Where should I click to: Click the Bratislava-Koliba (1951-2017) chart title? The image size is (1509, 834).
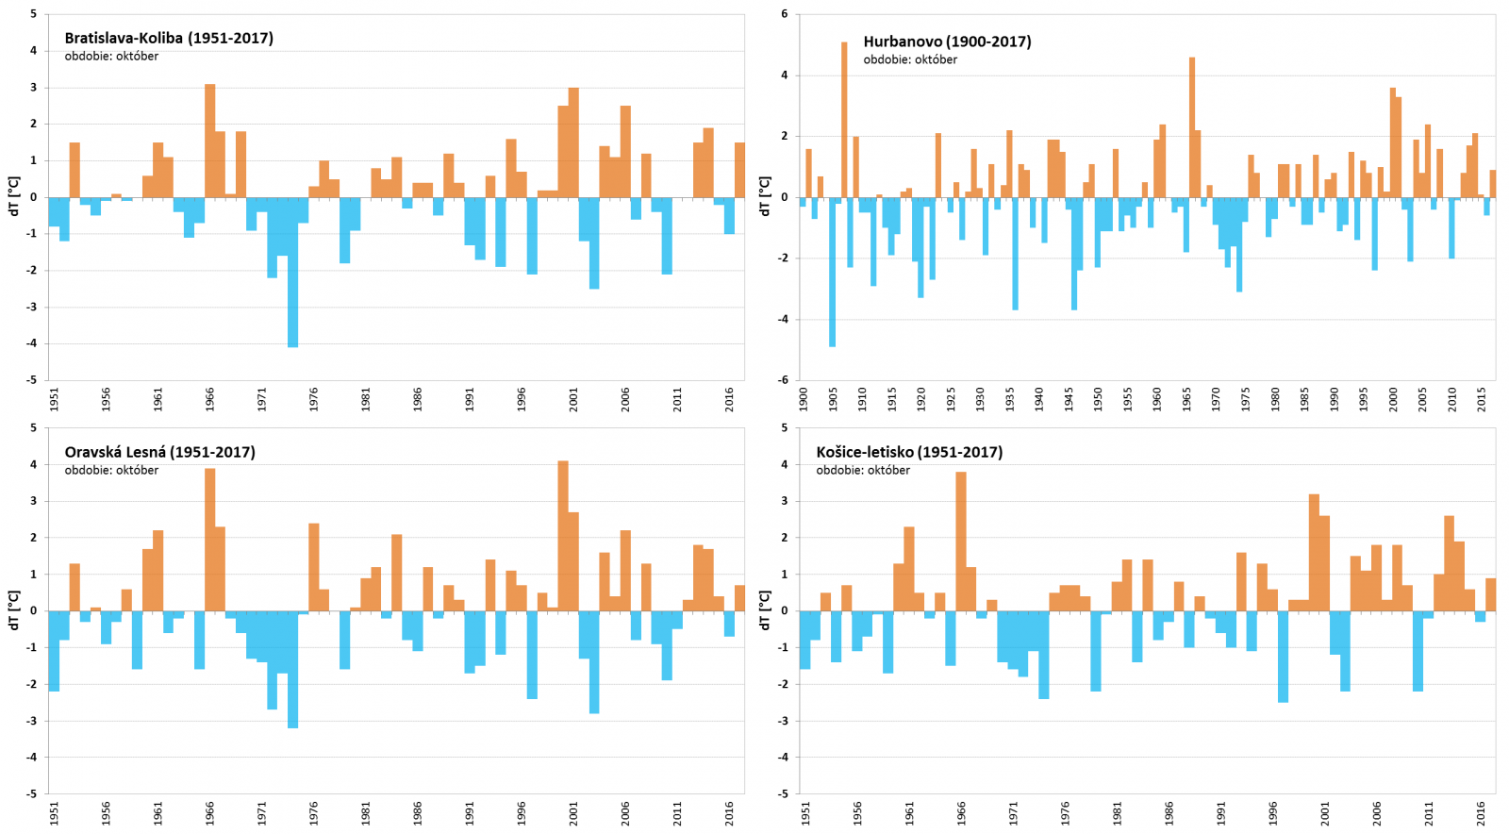pyautogui.click(x=169, y=39)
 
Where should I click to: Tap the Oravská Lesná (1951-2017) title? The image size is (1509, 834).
pyautogui.click(x=159, y=452)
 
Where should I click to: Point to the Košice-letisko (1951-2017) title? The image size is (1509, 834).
pyautogui.click(x=909, y=452)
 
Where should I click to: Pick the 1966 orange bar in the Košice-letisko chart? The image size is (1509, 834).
pyautogui.click(x=961, y=542)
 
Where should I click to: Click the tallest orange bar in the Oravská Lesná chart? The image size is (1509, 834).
pyautogui.click(x=563, y=536)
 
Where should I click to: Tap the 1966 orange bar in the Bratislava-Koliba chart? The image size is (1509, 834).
pyautogui.click(x=210, y=142)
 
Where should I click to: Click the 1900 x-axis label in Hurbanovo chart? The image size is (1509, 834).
pyautogui.click(x=804, y=398)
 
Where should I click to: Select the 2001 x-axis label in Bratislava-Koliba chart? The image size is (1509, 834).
pyautogui.click(x=573, y=399)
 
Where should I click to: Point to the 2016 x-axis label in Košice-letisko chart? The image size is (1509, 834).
pyautogui.click(x=1482, y=812)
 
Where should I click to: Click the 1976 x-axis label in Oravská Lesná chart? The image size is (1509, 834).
pyautogui.click(x=314, y=812)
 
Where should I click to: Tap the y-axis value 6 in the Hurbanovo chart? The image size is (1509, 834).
pyautogui.click(x=785, y=15)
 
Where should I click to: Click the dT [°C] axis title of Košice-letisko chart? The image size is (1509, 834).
pyautogui.click(x=765, y=610)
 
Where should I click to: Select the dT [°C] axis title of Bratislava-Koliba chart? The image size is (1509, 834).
pyautogui.click(x=13, y=196)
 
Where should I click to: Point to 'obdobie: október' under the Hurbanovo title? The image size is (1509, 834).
pyautogui.click(x=910, y=59)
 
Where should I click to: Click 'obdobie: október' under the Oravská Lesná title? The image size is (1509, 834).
pyautogui.click(x=111, y=470)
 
